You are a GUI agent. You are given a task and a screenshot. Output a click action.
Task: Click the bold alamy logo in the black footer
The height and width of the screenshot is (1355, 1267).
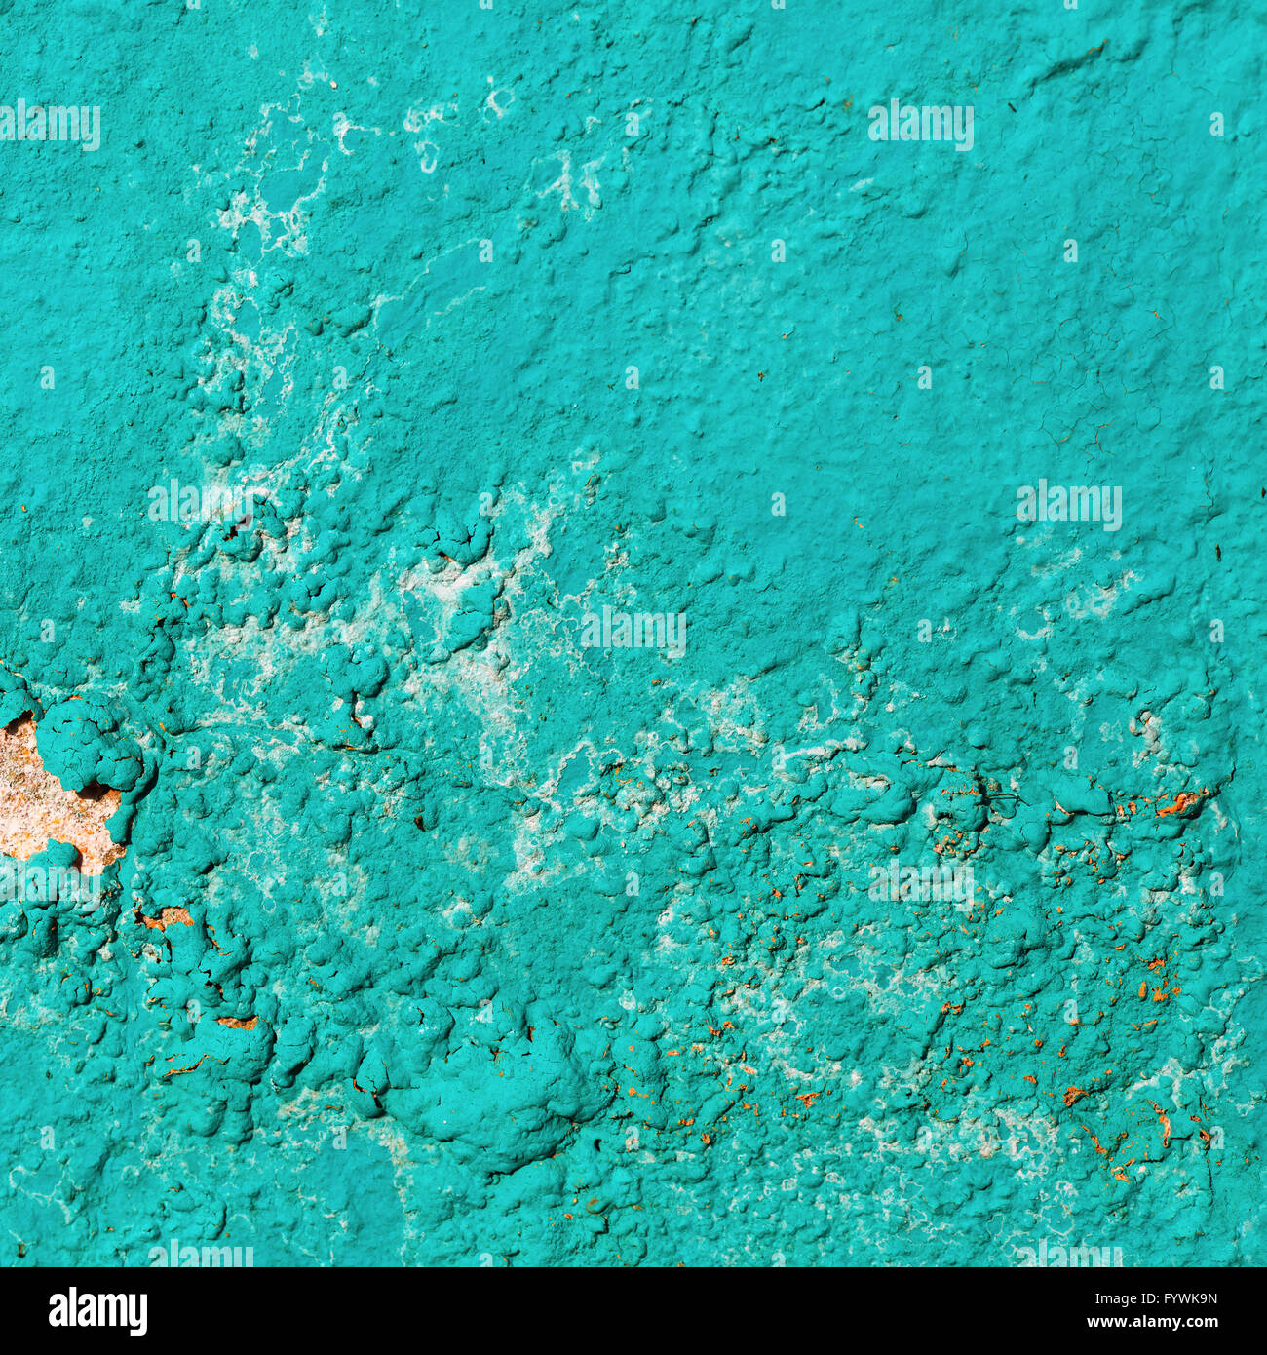click(97, 1310)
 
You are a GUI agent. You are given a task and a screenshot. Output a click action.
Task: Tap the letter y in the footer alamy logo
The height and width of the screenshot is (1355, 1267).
click(138, 1314)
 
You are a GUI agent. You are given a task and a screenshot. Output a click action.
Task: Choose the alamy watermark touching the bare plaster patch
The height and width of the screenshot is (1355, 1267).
click(49, 882)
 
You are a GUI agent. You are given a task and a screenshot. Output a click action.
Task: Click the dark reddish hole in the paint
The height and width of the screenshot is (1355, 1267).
click(234, 531)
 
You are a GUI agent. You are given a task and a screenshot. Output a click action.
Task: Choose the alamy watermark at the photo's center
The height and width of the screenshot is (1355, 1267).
click(633, 632)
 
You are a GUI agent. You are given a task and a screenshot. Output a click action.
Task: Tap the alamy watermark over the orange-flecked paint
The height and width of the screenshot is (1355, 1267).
click(921, 882)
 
